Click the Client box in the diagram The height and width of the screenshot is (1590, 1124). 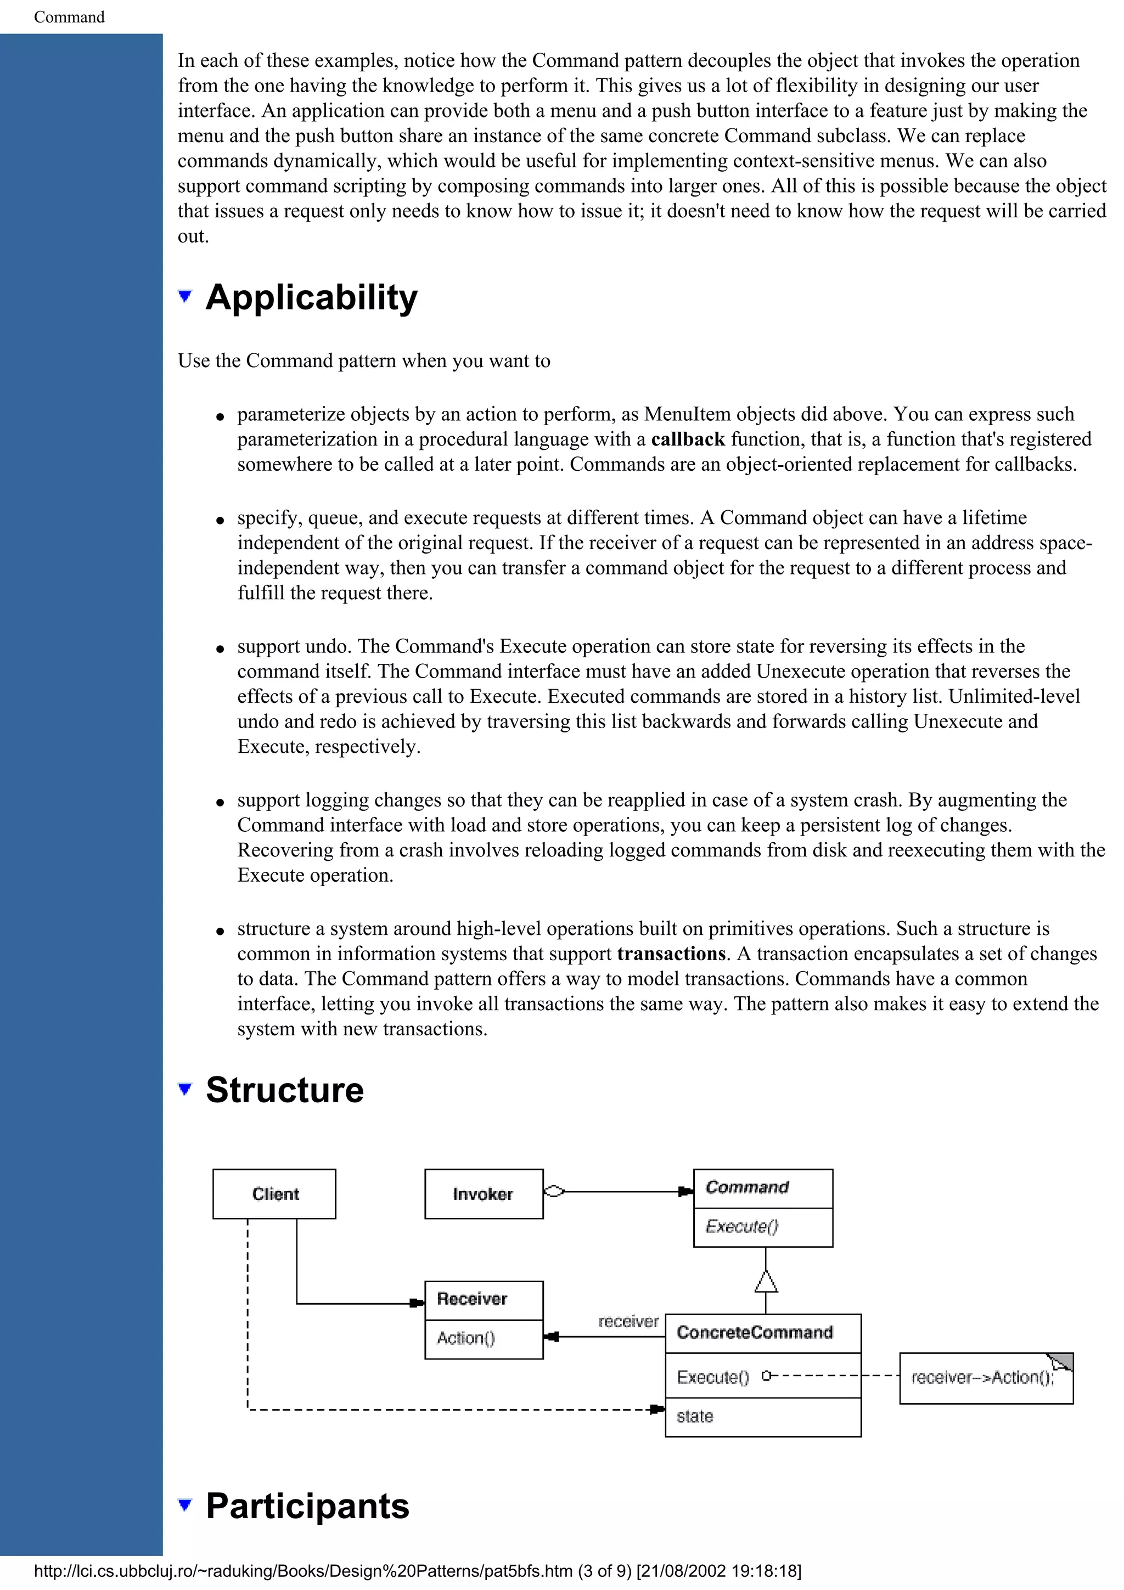(x=274, y=1194)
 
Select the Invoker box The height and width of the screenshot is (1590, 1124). (x=484, y=1194)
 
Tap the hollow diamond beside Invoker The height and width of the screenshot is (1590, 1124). (x=554, y=1192)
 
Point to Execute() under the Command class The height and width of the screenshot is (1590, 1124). (x=741, y=1226)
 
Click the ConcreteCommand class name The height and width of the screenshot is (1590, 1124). (x=755, y=1332)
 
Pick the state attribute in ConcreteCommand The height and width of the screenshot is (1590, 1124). (x=695, y=1416)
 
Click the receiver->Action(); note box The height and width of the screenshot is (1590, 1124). (x=986, y=1378)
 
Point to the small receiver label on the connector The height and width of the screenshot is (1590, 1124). (x=628, y=1321)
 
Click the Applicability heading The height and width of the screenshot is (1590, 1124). (x=312, y=298)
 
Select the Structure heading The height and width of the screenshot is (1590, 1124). (x=285, y=1090)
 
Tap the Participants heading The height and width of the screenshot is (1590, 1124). (x=307, y=1506)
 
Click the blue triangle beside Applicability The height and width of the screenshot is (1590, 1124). (x=184, y=296)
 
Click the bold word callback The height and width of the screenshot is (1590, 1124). (x=688, y=439)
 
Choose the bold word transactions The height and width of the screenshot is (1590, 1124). (x=671, y=954)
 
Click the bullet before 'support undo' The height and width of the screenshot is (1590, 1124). (x=220, y=649)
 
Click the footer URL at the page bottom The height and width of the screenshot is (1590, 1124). (x=417, y=1571)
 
